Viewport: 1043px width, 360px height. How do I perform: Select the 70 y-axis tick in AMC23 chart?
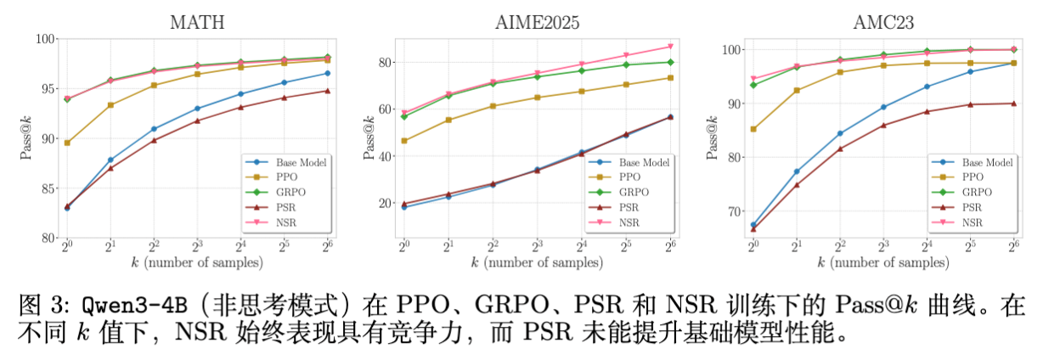click(729, 211)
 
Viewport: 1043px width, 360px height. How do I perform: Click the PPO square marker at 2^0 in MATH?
click(67, 143)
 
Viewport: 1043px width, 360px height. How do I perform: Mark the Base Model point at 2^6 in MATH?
click(328, 73)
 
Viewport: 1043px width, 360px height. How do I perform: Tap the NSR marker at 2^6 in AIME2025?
click(670, 46)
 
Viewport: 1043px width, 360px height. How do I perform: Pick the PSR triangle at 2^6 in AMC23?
click(1013, 104)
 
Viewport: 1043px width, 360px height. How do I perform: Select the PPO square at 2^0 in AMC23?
click(753, 129)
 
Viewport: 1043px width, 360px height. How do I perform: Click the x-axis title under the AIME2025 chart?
click(537, 262)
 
